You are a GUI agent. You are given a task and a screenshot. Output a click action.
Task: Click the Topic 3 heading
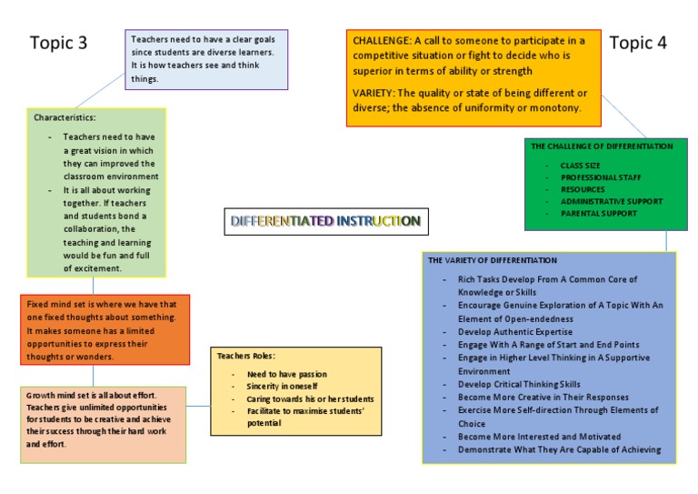click(x=59, y=43)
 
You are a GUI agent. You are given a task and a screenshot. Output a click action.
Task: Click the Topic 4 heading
click(x=638, y=43)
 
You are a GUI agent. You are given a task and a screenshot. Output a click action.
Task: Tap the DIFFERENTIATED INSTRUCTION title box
click(x=324, y=221)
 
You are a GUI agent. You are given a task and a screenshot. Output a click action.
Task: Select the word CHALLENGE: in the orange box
click(x=382, y=41)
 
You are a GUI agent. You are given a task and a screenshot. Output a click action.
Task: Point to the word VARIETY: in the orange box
click(x=375, y=94)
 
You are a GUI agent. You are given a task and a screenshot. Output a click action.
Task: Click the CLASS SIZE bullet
click(x=583, y=166)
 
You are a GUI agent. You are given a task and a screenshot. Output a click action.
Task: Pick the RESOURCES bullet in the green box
click(x=583, y=189)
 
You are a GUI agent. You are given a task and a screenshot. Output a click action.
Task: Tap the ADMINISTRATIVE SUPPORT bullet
click(x=612, y=201)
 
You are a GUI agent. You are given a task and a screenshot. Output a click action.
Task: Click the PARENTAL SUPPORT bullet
click(x=598, y=213)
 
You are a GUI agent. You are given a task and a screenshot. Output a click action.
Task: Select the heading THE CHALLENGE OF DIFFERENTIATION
click(x=602, y=146)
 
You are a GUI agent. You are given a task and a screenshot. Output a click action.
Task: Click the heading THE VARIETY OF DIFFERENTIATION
click(x=492, y=260)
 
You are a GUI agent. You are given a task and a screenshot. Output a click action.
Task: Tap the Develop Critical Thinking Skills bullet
click(x=519, y=384)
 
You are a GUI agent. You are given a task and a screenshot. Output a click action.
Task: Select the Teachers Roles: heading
click(x=245, y=356)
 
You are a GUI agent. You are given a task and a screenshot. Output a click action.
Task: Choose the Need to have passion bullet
click(x=286, y=374)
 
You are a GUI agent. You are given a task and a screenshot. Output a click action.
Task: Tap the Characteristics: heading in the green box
click(x=65, y=118)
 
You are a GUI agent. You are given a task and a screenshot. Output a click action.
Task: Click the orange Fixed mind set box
click(x=105, y=328)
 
